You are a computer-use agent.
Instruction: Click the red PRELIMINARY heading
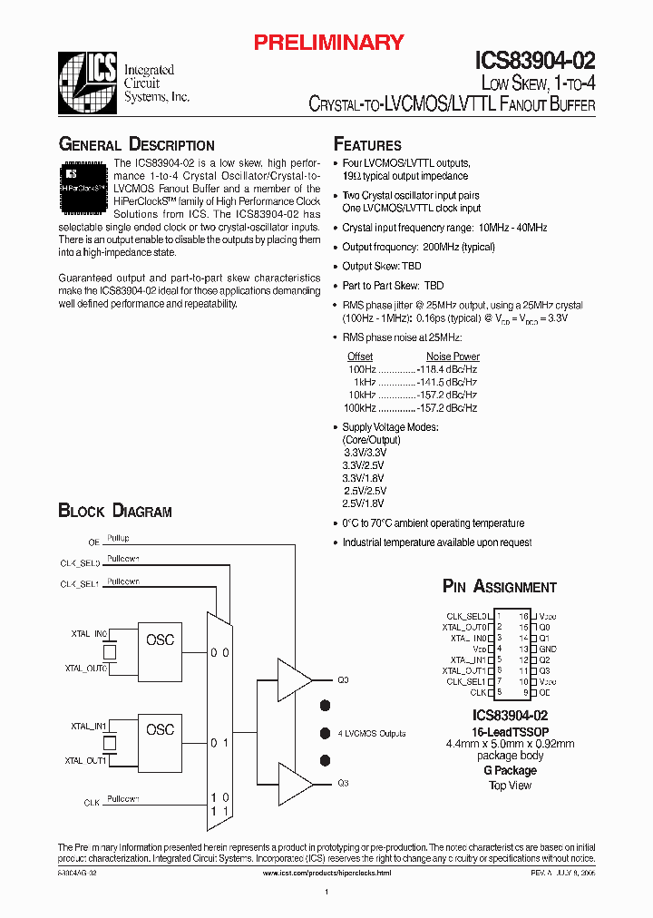tap(328, 42)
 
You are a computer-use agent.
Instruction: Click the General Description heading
tap(136, 145)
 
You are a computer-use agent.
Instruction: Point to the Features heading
tap(367, 145)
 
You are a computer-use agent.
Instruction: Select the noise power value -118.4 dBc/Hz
tap(447, 369)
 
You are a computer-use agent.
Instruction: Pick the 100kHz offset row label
tap(361, 408)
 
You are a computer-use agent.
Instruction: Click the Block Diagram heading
tap(115, 512)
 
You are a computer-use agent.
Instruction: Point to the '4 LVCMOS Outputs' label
tap(372, 733)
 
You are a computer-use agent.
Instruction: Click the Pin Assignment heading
tap(499, 587)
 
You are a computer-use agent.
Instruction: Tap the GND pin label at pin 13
tap(547, 649)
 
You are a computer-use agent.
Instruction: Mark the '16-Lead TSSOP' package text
tap(510, 731)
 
